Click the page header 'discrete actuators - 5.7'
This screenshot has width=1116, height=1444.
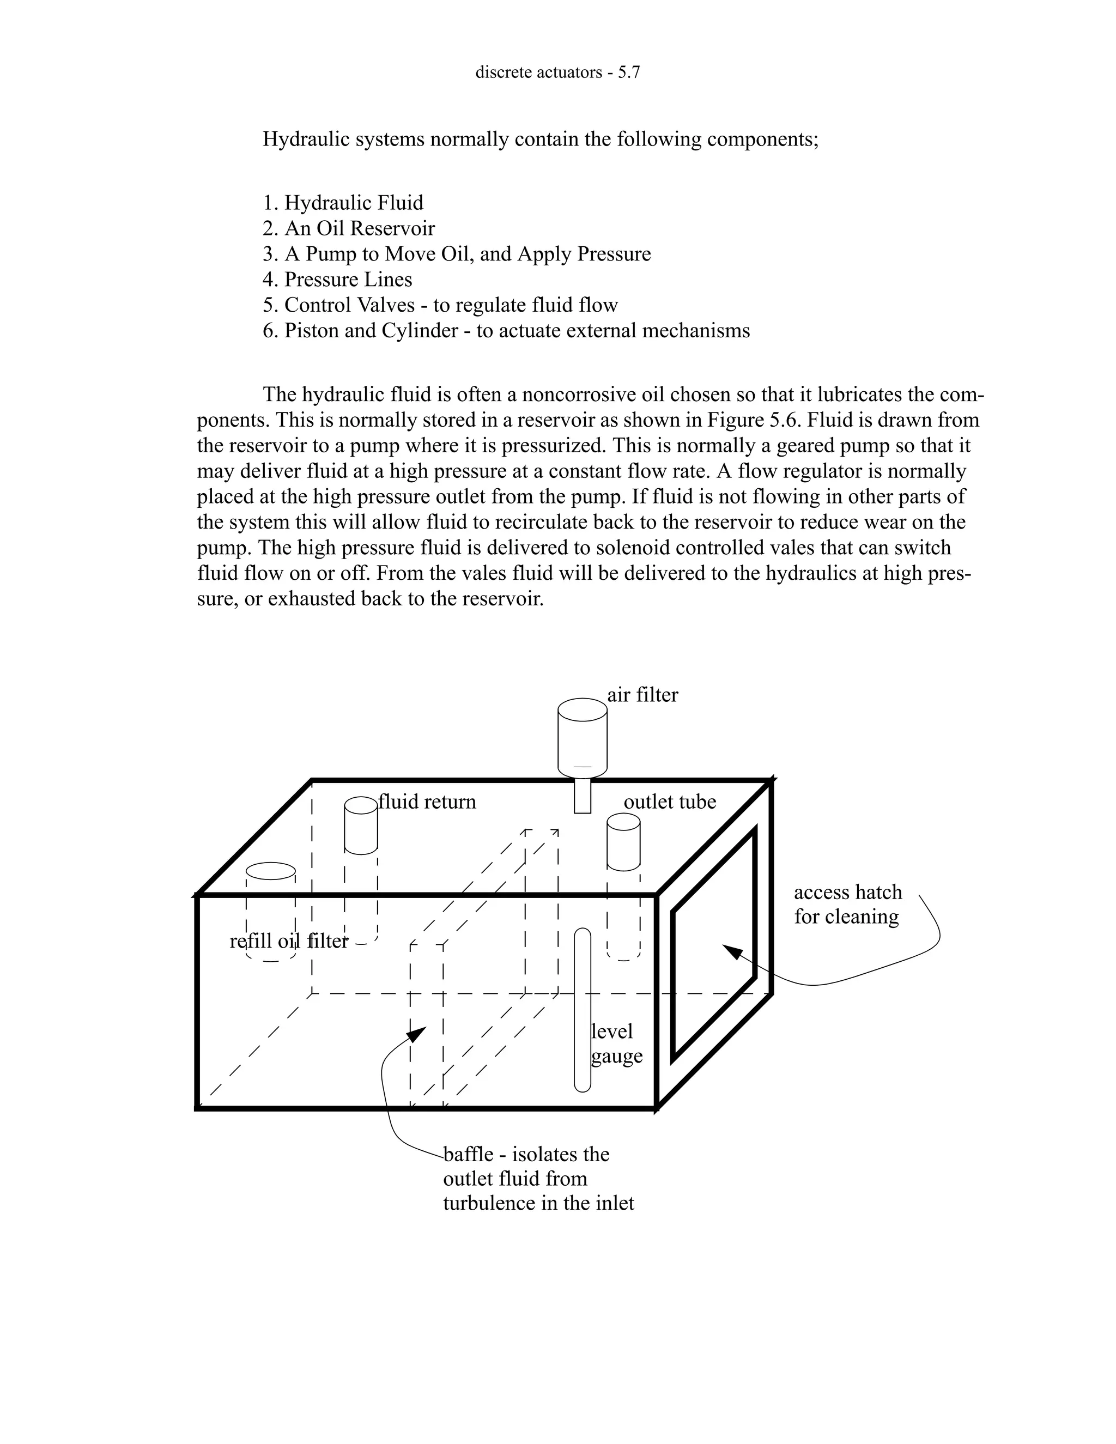[x=557, y=72]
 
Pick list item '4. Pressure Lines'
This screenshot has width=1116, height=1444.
[x=337, y=280]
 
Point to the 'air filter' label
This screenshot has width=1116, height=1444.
[x=642, y=695]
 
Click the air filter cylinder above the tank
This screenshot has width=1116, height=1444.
[x=583, y=737]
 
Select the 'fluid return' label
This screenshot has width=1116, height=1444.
[x=427, y=802]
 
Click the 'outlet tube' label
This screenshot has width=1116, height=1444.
[x=670, y=802]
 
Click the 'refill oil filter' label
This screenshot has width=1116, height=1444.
[x=288, y=941]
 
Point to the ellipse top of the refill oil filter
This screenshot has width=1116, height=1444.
[x=270, y=871]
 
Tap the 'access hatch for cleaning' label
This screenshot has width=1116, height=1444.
[x=847, y=905]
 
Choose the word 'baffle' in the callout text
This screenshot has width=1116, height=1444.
[x=468, y=1155]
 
